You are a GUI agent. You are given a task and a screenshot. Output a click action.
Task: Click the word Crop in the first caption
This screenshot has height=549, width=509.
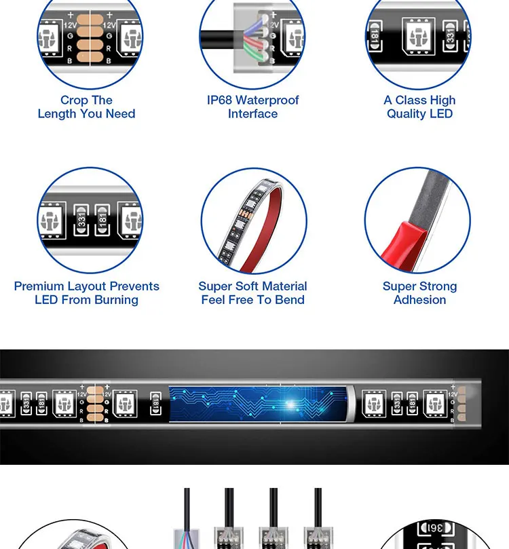(x=74, y=100)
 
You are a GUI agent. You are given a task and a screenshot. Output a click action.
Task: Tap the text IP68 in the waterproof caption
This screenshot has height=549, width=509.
(x=219, y=100)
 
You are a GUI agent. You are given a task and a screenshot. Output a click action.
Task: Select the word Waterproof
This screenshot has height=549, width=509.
(x=267, y=100)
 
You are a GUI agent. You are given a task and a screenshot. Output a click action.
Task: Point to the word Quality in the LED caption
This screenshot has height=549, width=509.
(x=406, y=114)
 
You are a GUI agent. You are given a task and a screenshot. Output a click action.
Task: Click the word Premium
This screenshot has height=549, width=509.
(x=39, y=286)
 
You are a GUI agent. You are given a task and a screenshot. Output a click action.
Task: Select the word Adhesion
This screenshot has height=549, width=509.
(x=419, y=300)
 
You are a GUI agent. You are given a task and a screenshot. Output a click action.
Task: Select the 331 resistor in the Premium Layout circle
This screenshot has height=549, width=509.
(x=81, y=220)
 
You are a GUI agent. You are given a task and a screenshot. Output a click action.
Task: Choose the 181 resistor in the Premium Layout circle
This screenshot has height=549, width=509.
(x=102, y=220)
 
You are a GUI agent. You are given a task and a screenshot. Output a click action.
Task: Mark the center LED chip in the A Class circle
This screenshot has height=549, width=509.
(x=419, y=37)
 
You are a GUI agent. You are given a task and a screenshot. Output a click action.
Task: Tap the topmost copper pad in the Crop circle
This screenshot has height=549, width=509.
(x=90, y=20)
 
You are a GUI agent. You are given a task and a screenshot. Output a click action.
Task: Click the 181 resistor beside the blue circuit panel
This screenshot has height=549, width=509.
(x=156, y=403)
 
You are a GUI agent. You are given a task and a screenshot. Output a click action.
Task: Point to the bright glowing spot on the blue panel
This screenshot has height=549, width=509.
(x=291, y=404)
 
